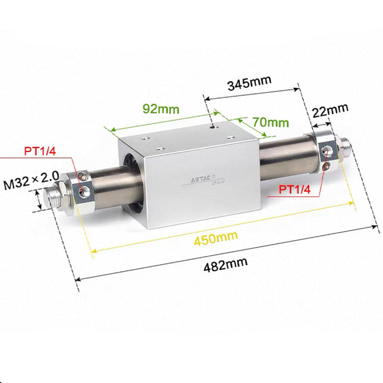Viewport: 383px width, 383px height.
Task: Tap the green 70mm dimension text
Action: click(x=270, y=123)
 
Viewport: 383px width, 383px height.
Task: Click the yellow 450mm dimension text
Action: click(x=215, y=238)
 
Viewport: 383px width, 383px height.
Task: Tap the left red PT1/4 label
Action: click(x=40, y=150)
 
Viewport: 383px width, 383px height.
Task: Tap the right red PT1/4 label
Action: click(x=296, y=190)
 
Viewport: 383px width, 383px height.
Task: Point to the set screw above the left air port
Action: click(x=84, y=175)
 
